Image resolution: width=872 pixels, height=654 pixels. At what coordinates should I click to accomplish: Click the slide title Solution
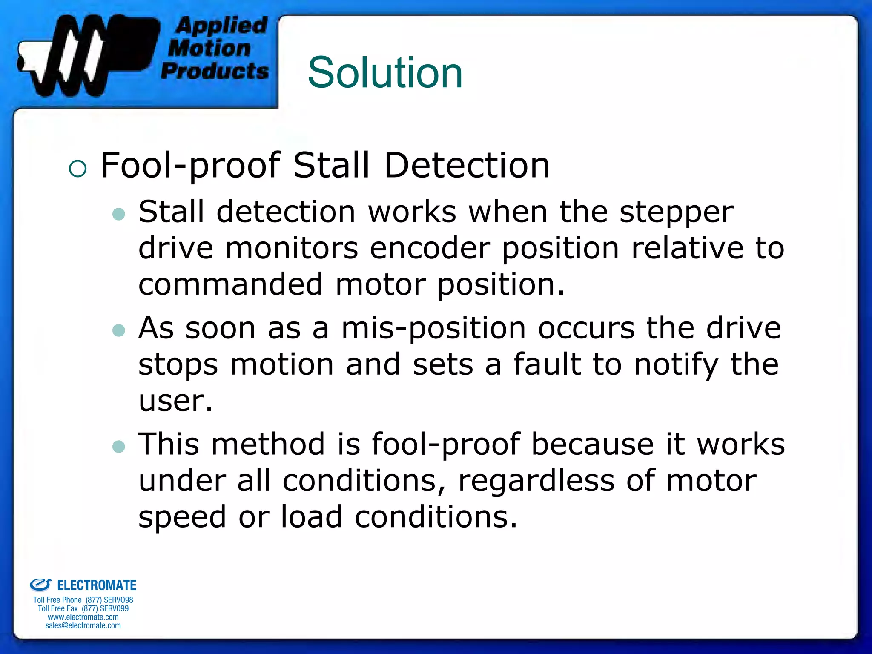385,73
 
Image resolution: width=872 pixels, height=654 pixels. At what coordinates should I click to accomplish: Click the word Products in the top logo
215,71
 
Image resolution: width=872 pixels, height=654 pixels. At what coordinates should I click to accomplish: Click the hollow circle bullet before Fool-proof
77,169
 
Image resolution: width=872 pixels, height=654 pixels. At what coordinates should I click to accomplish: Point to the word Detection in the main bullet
467,165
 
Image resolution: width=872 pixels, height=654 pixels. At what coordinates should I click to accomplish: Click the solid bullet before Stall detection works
119,214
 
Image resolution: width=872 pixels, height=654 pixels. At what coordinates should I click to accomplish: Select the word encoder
430,248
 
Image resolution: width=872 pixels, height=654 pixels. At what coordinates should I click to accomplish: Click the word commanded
230,284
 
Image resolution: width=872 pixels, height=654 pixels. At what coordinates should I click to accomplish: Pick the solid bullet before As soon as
119,330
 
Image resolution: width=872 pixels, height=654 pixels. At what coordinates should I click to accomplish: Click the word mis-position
434,329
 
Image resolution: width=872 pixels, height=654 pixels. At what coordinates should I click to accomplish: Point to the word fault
547,364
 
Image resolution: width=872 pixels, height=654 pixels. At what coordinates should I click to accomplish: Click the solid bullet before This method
119,446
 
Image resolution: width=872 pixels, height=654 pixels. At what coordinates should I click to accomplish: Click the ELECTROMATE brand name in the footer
97,585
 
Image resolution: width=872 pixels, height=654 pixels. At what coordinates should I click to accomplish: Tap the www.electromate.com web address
83,617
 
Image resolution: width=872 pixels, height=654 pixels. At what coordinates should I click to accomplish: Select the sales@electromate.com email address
83,625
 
